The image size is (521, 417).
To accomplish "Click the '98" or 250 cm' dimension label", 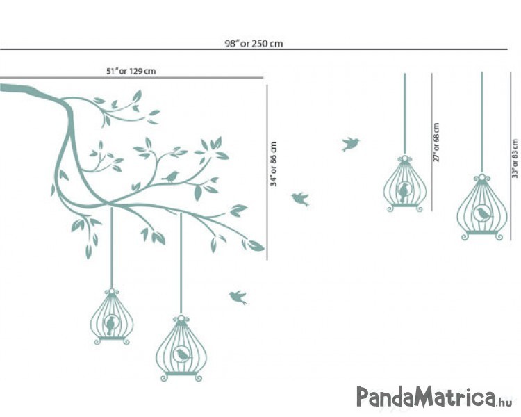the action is click(254, 44).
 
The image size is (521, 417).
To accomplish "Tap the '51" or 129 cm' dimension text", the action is click(131, 71).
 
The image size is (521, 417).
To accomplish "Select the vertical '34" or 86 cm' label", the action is click(274, 164).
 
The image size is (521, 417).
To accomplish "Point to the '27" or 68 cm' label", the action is click(436, 142).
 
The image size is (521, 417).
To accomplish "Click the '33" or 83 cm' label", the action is click(515, 158).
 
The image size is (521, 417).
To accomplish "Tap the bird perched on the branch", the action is click(171, 177).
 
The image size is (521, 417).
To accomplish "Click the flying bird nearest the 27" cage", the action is click(350, 144).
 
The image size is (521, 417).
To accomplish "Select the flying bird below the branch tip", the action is click(238, 297).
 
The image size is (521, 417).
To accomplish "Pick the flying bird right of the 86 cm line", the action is click(301, 199).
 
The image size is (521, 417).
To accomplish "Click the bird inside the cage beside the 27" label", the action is click(404, 193).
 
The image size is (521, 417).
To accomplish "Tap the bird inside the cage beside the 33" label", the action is click(483, 213).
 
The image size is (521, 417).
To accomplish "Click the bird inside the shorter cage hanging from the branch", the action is click(110, 325).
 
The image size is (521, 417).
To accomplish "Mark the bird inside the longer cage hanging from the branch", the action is click(183, 354).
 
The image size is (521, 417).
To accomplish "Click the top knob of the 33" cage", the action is click(482, 178).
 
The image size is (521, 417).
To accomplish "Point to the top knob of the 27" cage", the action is click(404, 159).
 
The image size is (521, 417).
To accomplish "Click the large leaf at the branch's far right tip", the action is click(255, 245).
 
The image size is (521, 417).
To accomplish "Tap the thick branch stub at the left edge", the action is click(17, 89).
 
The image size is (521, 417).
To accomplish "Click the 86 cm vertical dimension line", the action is click(267, 172).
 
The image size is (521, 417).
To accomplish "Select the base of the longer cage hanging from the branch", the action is click(181, 376).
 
